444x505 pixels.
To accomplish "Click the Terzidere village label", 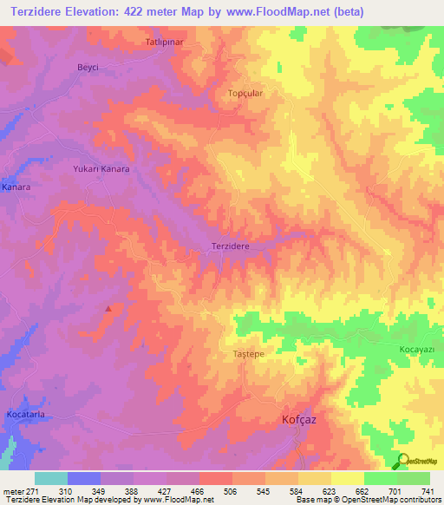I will point(231,246).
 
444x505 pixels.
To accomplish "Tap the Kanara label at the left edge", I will point(16,187).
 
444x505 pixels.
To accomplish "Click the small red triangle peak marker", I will point(108,308).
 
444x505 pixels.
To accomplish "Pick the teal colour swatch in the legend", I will point(51,478).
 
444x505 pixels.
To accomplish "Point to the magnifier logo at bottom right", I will point(402,462).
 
